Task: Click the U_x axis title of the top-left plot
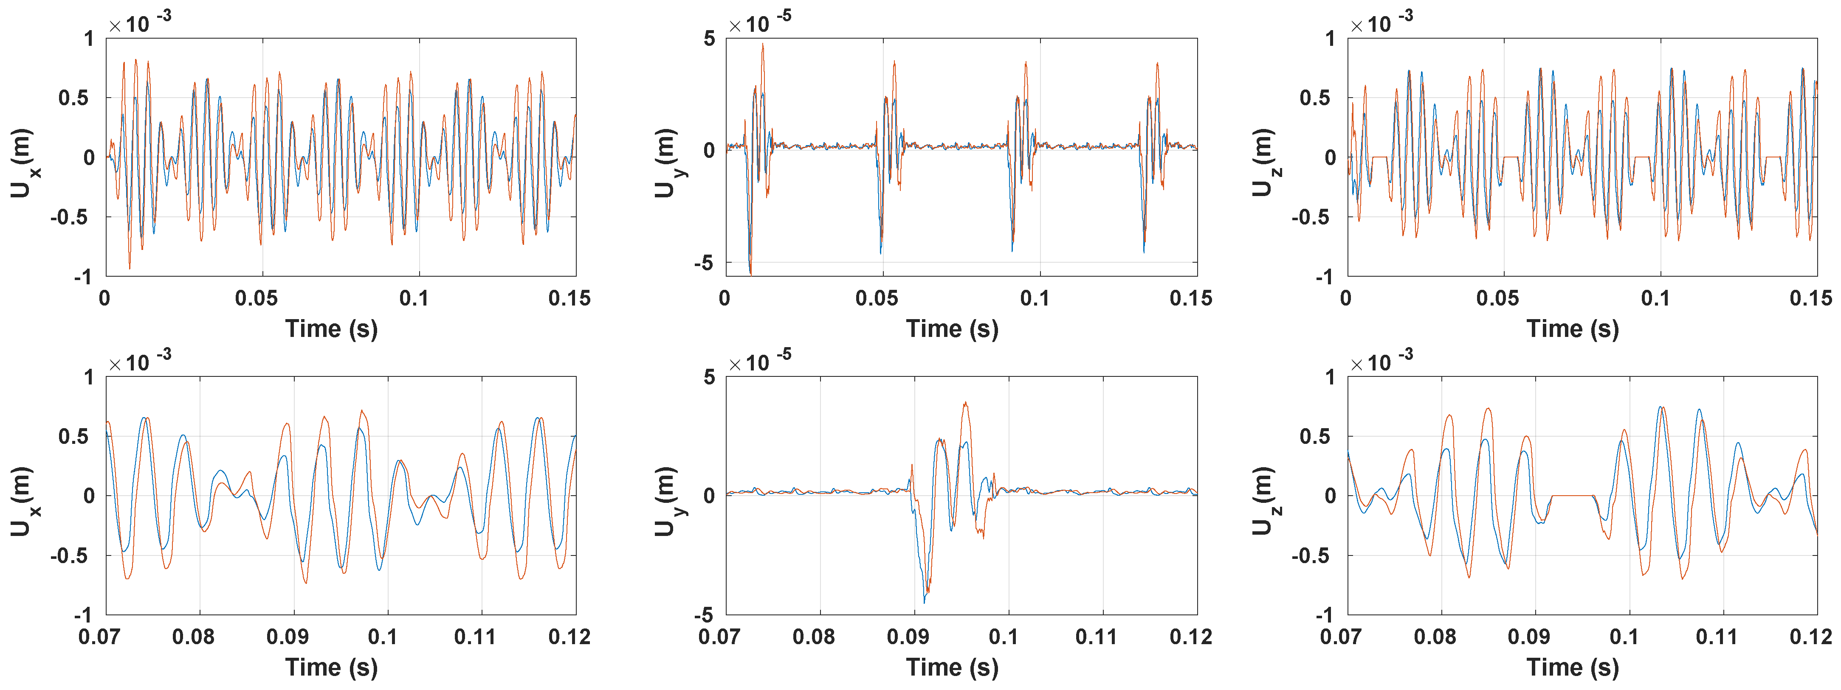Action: click(21, 163)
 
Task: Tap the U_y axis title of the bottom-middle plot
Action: click(665, 502)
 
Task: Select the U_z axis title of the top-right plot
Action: click(1263, 163)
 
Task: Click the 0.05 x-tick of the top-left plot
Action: click(257, 299)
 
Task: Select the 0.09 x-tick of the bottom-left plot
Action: click(288, 637)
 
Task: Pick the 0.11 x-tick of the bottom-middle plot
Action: click(1096, 637)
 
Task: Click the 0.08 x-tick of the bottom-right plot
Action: click(1435, 637)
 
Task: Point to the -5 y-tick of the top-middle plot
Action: click(705, 263)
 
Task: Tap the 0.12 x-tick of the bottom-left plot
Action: click(569, 637)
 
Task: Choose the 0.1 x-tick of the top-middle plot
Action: click(1035, 299)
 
